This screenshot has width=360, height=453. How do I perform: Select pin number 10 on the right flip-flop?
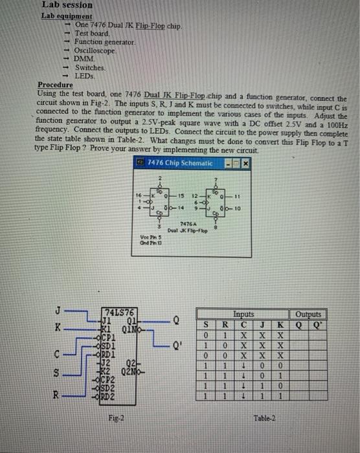(x=238, y=208)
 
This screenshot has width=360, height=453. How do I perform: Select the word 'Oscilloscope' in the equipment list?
(x=95, y=49)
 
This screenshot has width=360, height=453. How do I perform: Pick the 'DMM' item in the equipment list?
(x=83, y=58)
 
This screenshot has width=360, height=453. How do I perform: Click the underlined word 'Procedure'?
(x=54, y=85)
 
